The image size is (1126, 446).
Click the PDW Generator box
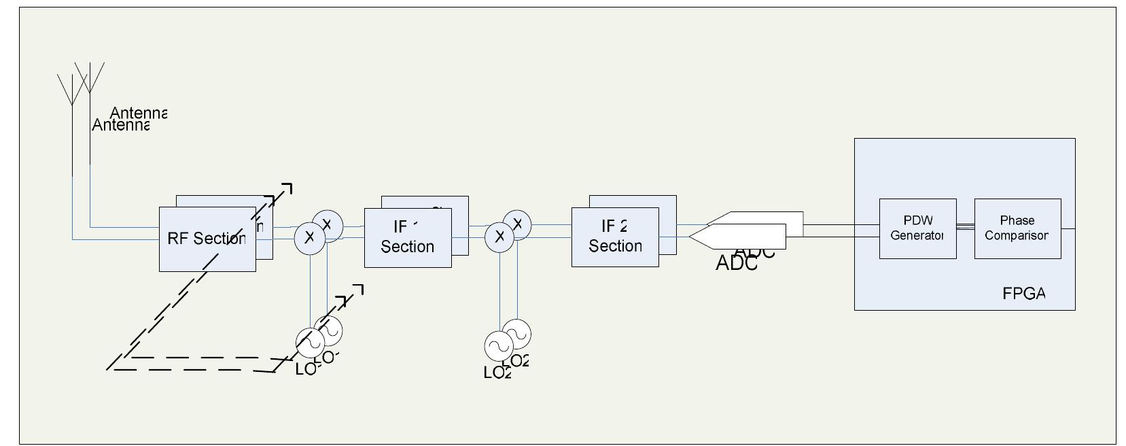click(x=917, y=228)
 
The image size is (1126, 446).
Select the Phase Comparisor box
click(x=1017, y=228)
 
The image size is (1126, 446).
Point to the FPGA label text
click(x=1023, y=294)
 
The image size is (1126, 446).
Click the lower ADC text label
click(x=736, y=264)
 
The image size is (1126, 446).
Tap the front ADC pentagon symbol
click(x=737, y=236)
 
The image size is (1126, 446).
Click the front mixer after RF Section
click(x=310, y=237)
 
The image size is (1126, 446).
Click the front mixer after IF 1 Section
click(x=499, y=237)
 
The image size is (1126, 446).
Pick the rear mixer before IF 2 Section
click(x=518, y=223)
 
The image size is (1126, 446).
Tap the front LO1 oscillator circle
click(x=310, y=343)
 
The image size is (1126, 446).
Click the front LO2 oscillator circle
click(x=498, y=345)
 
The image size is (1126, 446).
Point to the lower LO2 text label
click(x=497, y=373)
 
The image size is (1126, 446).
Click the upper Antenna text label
click(x=138, y=113)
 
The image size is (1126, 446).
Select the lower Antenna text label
click(x=120, y=126)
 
